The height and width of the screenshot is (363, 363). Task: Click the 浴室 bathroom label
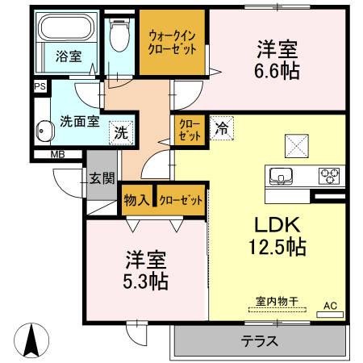pos(68,56)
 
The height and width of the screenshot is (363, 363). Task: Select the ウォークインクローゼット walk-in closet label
pos(172,41)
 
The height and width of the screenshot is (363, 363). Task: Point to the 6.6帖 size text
pos(278,71)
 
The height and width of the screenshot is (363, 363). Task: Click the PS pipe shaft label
pos(40,85)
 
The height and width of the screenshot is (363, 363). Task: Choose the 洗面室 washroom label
pos(80,122)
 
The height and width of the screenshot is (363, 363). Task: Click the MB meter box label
pos(57,154)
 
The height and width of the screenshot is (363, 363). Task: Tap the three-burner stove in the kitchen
pos(330,173)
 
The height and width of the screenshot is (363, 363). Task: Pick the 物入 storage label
pos(136,200)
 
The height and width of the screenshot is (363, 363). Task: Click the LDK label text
pos(278,225)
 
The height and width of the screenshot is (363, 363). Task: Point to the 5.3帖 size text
pos(145,282)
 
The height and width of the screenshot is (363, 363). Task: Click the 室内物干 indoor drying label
pos(277,301)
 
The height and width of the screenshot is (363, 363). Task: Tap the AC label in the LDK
pos(329,305)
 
